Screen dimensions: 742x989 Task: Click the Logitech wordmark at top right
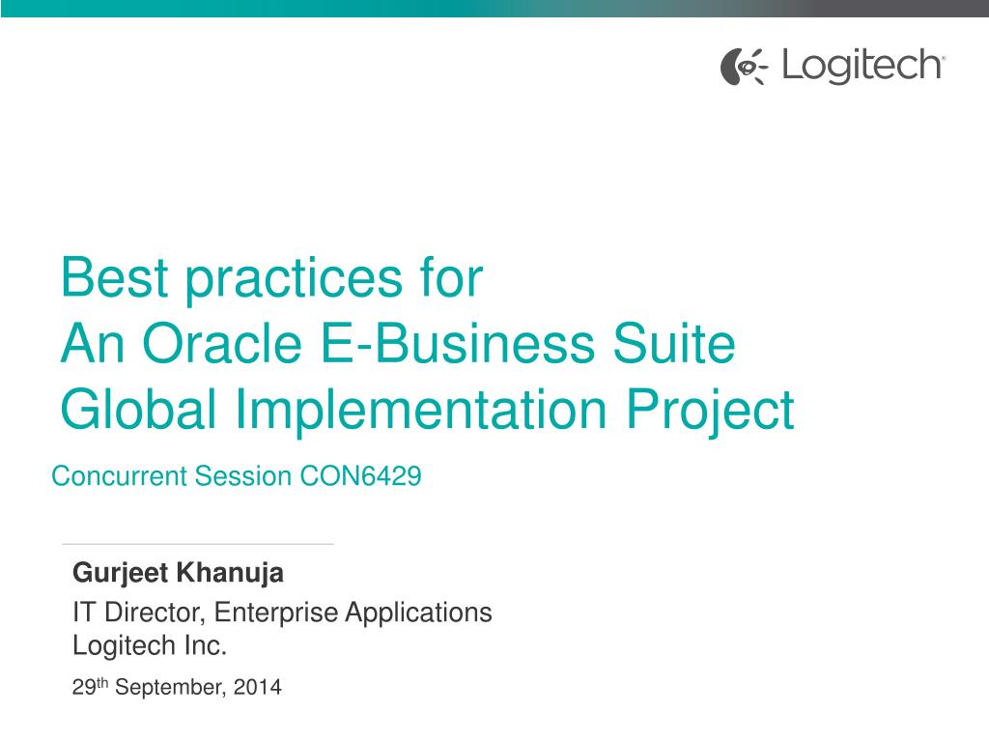(862, 66)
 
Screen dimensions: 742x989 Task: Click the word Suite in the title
(682, 344)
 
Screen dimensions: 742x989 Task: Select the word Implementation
(422, 410)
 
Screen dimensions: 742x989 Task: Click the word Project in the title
(711, 410)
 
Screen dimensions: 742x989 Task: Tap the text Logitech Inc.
(150, 645)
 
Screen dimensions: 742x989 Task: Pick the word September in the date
(169, 689)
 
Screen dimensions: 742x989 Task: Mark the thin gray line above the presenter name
(198, 544)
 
